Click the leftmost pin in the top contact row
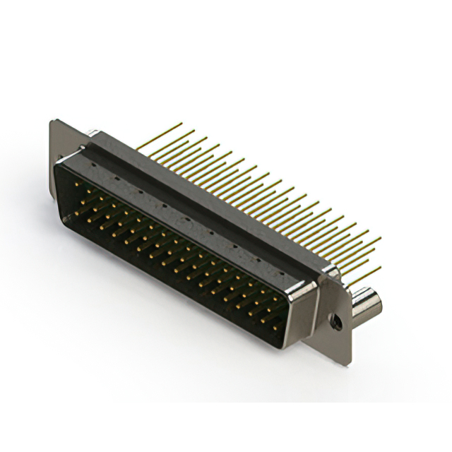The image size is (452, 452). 78,189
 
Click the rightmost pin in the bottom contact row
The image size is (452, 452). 263,321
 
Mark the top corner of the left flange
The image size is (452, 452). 54,122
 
